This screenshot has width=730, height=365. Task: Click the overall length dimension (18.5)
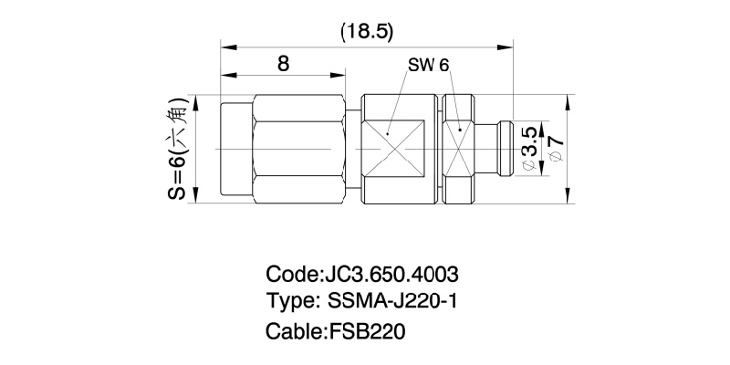[366, 31]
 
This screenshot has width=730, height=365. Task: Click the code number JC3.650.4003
[392, 274]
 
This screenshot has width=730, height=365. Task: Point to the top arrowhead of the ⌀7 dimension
[568, 99]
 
